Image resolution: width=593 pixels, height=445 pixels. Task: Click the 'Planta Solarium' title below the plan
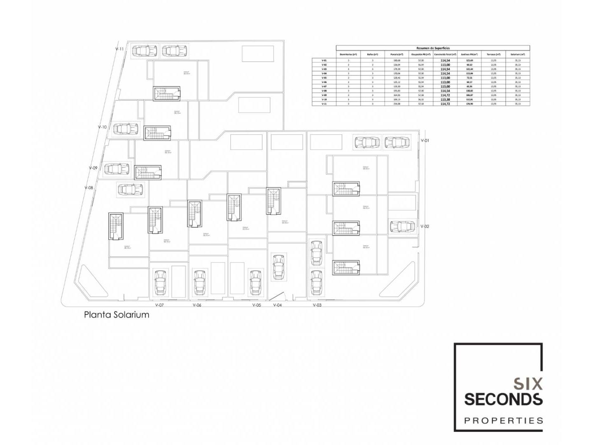coord(117,315)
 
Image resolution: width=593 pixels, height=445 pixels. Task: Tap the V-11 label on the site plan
coord(119,49)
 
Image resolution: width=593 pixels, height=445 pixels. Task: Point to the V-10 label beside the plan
coord(103,127)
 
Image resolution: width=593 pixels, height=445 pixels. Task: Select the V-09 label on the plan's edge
coord(93,168)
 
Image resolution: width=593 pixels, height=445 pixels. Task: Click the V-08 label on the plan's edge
coord(89,188)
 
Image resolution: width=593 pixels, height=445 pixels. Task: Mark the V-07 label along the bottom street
coord(159,305)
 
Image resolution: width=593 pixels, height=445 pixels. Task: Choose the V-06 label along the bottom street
coord(197,305)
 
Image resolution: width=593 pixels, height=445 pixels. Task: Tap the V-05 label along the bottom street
coord(257,305)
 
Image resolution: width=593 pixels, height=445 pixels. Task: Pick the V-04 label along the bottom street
coord(278,305)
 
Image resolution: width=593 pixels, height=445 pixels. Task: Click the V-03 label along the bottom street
coord(317,305)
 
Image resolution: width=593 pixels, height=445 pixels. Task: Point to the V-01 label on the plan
coord(425,141)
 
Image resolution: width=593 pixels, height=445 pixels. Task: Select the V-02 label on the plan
coord(425,227)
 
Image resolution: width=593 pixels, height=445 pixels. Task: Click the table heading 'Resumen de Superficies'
coord(433,48)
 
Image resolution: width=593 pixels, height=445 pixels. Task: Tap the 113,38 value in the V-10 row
coord(445,100)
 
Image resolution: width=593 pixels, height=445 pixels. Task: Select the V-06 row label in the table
coord(324,82)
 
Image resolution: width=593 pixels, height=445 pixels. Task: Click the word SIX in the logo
coord(528,384)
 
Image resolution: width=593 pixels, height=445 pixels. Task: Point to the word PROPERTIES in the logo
coord(504,421)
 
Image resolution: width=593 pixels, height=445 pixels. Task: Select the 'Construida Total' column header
coord(445,54)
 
